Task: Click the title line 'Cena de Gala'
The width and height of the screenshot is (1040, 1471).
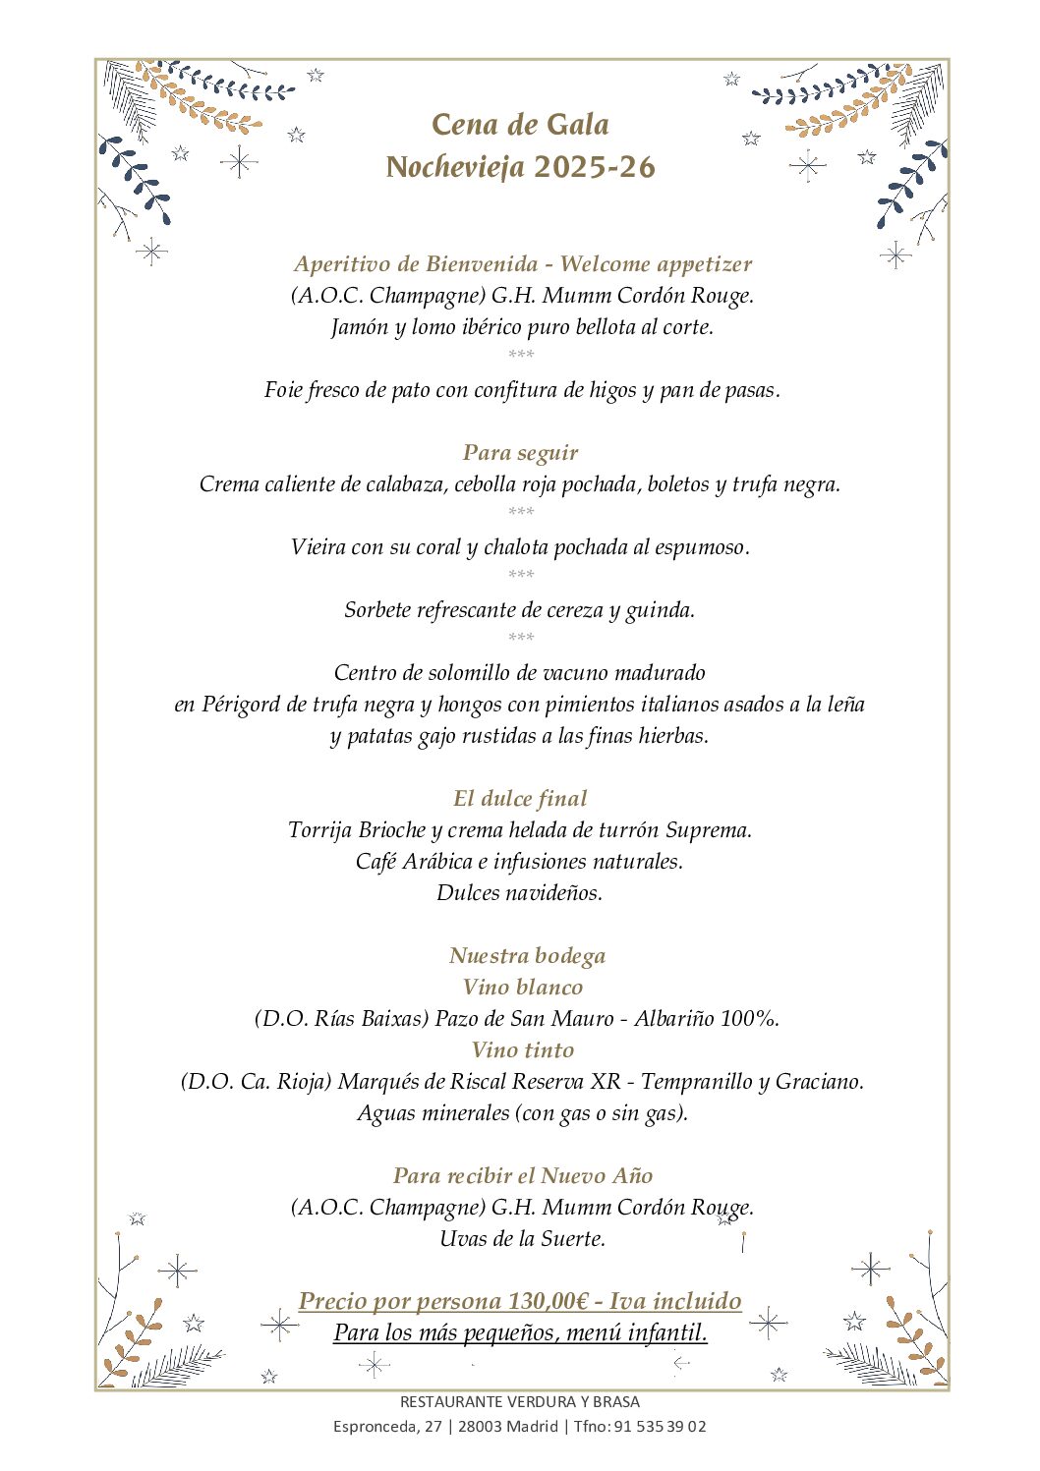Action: tap(520, 125)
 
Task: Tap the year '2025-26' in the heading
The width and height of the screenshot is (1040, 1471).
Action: tap(595, 167)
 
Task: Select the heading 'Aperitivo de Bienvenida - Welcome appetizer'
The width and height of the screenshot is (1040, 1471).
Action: tap(522, 264)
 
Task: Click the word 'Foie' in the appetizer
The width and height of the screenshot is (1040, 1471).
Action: tap(283, 390)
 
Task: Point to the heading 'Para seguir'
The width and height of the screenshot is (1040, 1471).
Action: tap(520, 453)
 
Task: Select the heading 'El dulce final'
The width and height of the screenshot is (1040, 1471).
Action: tap(520, 799)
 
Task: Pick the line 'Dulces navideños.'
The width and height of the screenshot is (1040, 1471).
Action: tap(520, 893)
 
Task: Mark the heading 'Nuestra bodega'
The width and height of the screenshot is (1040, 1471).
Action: tap(527, 956)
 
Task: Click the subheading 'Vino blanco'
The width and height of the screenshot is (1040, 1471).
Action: tap(523, 988)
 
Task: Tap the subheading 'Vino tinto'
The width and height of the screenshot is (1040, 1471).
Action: tap(523, 1050)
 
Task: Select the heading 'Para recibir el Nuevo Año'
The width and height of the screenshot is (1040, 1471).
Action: tap(523, 1176)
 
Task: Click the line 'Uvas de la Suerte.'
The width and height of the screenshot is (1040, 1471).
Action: tap(523, 1239)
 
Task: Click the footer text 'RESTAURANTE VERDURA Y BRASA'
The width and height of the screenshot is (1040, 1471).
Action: tap(520, 1402)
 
